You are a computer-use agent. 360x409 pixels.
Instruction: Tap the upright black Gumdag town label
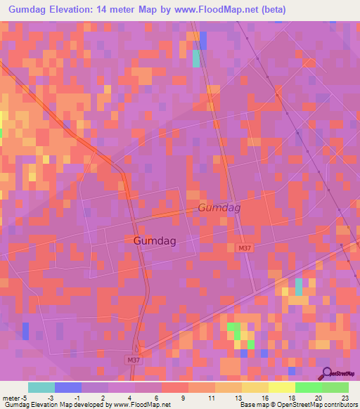pos(154,240)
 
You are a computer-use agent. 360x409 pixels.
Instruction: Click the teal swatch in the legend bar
pos(41,387)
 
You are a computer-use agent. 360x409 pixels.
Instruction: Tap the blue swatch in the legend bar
pos(67,387)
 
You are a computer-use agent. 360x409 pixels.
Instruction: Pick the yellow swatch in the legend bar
pos(281,387)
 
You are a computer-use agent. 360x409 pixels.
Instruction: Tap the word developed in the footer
pos(92,405)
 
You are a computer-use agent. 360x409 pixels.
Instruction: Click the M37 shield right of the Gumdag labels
pos(244,248)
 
